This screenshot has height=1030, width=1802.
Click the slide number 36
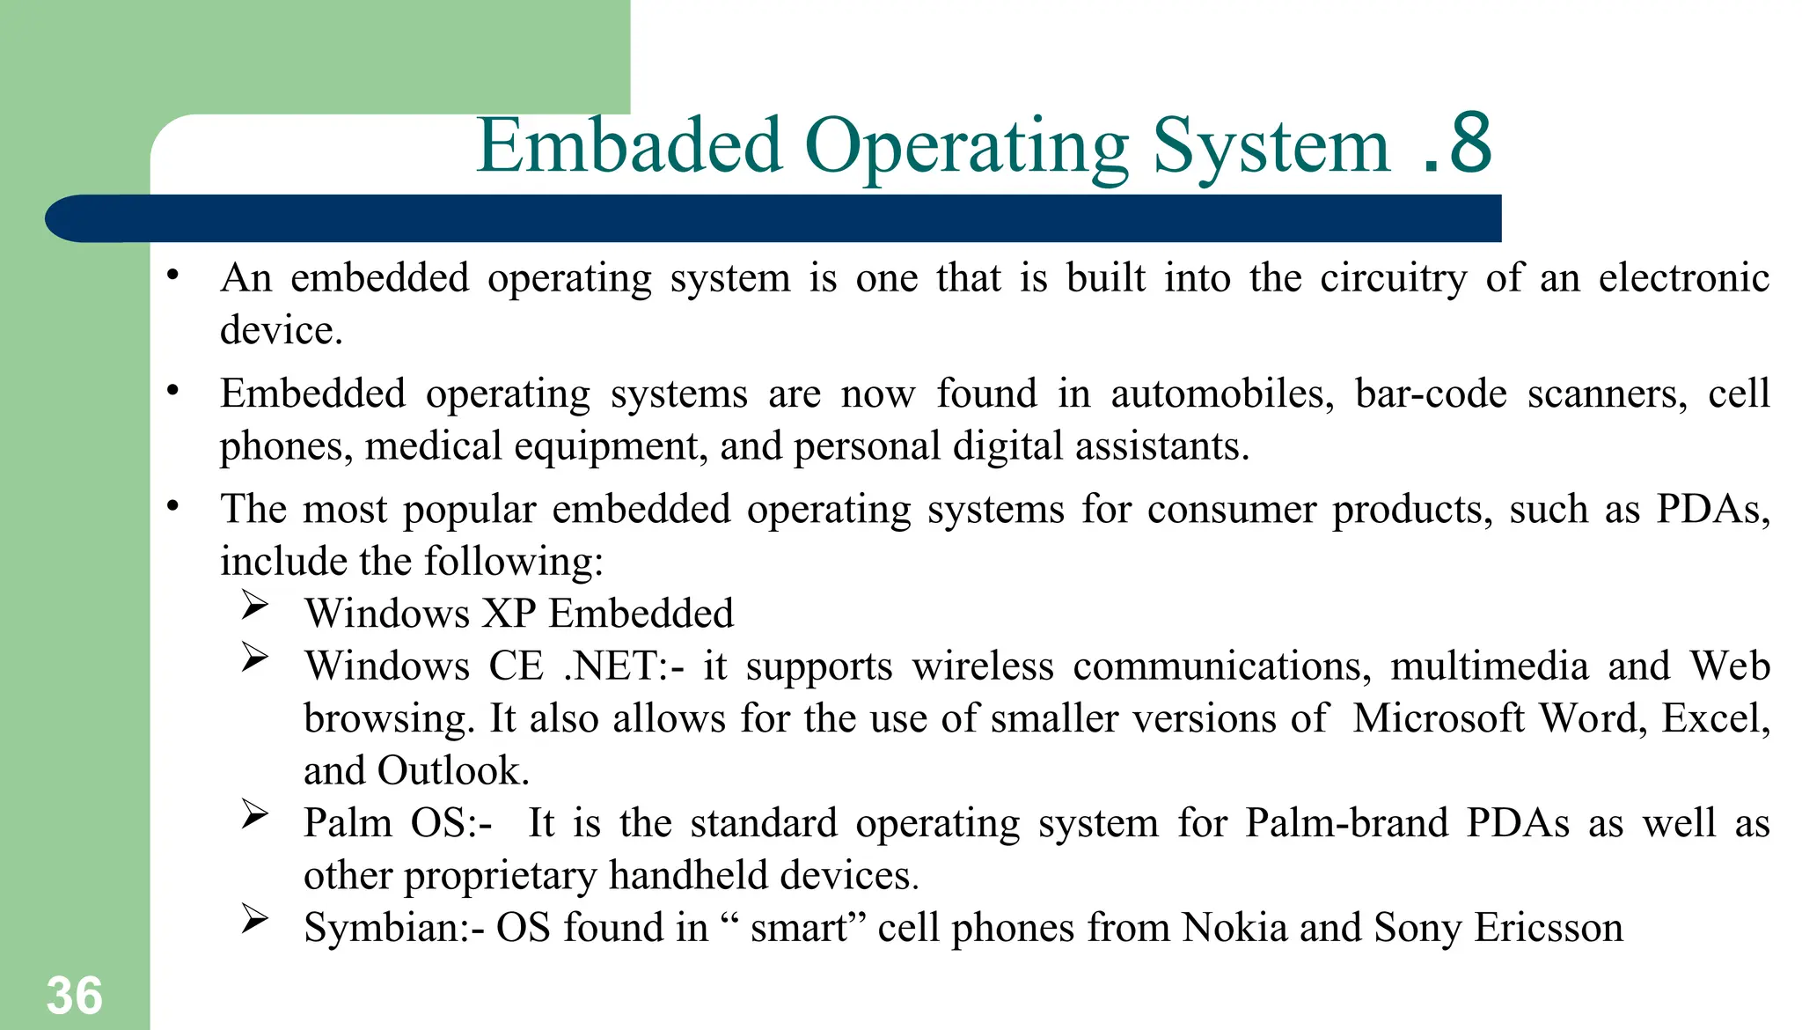click(x=75, y=996)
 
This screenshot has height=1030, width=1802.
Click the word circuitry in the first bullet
click(x=1393, y=278)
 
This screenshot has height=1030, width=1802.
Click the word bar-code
click(x=1430, y=394)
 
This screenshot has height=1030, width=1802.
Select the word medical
click(x=433, y=445)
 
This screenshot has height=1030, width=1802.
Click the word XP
click(x=509, y=614)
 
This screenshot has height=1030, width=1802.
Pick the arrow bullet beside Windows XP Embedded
click(x=254, y=605)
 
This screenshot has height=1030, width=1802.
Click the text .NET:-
click(x=623, y=666)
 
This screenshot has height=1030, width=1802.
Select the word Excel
click(x=1714, y=718)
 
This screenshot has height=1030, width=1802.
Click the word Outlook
click(x=452, y=771)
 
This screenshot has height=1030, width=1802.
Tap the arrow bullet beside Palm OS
click(x=254, y=814)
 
